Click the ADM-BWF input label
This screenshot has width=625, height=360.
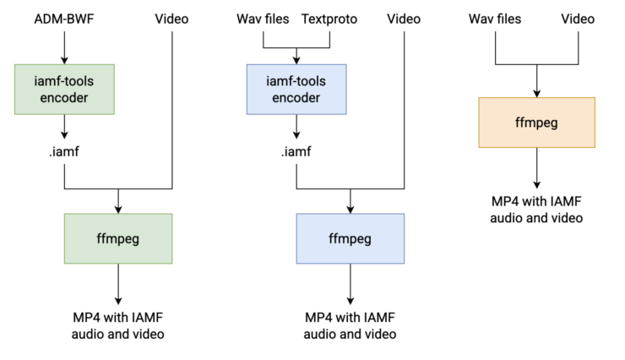[64, 19]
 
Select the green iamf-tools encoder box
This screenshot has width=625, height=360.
[64, 90]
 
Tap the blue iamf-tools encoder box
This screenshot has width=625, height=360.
[296, 90]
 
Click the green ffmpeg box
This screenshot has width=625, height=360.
[118, 238]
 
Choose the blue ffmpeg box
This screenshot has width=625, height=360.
[351, 238]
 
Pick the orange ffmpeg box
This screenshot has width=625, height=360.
[537, 123]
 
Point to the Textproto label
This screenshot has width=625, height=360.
[329, 19]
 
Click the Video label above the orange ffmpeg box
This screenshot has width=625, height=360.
[578, 19]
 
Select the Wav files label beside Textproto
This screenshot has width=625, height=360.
[263, 19]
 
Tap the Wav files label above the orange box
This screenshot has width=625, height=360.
[495, 19]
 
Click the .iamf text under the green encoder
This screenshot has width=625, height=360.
[64, 151]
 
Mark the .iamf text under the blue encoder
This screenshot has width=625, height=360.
[296, 151]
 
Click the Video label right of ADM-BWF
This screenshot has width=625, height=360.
[171, 19]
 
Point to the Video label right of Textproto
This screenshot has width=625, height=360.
[404, 19]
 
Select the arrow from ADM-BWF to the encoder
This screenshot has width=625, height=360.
[64, 48]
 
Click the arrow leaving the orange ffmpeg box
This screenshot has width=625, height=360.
[537, 168]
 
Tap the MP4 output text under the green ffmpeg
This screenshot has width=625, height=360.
[118, 325]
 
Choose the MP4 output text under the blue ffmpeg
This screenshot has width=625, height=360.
[350, 325]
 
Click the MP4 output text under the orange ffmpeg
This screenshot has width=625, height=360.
[536, 210]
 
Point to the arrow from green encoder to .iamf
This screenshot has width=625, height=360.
[64, 127]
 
